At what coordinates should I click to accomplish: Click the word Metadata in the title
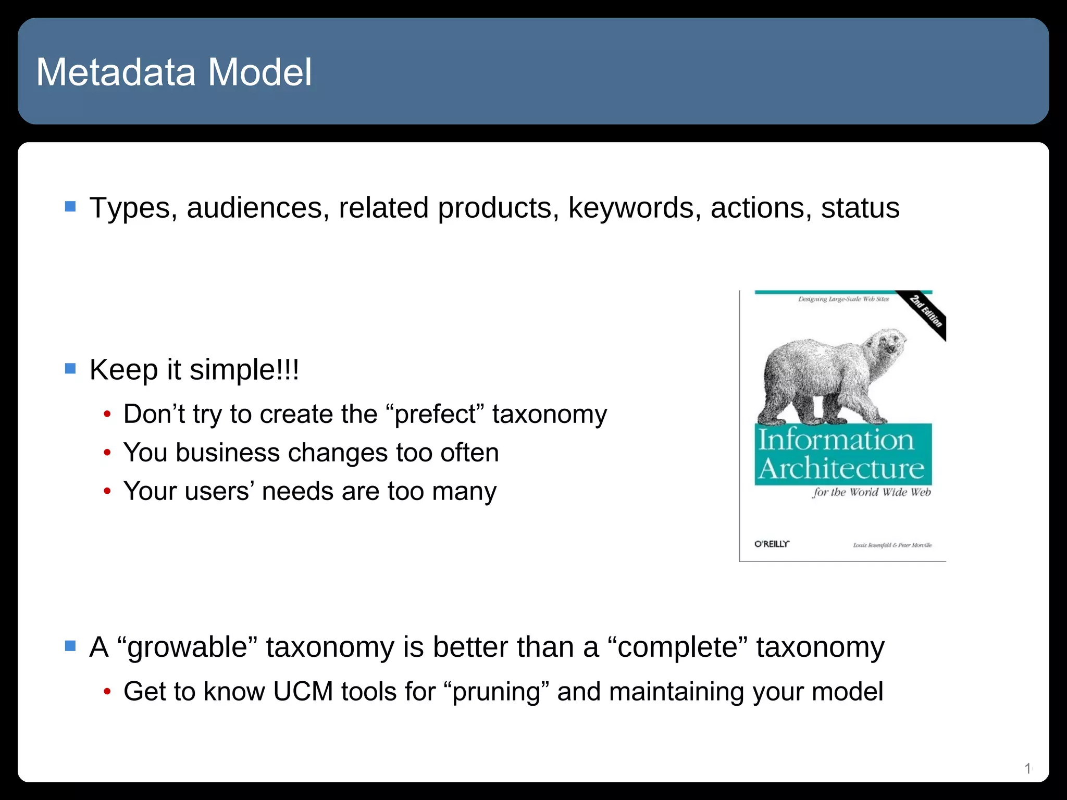116,72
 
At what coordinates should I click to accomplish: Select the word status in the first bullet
860,208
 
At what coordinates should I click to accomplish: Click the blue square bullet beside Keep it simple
70,369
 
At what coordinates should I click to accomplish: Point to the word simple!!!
244,370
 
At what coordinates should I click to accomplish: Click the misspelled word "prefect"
435,415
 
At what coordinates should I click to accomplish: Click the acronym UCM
303,692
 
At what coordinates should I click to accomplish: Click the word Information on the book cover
836,440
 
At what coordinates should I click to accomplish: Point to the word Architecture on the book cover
841,468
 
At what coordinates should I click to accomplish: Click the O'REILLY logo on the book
772,544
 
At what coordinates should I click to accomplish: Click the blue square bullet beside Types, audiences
70,207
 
